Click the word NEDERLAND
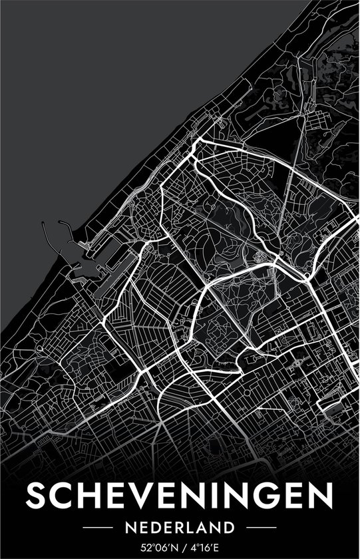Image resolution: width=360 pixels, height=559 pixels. [180, 528]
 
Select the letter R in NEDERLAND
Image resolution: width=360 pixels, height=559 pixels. [186, 528]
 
